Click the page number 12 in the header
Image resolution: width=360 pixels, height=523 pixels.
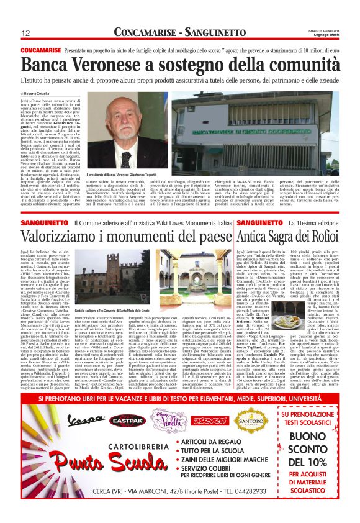tap(26, 33)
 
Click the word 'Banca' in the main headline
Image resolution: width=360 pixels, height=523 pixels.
tap(48, 66)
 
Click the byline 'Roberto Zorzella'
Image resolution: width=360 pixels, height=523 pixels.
tap(37, 93)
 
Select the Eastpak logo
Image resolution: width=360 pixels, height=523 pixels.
tap(128, 421)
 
